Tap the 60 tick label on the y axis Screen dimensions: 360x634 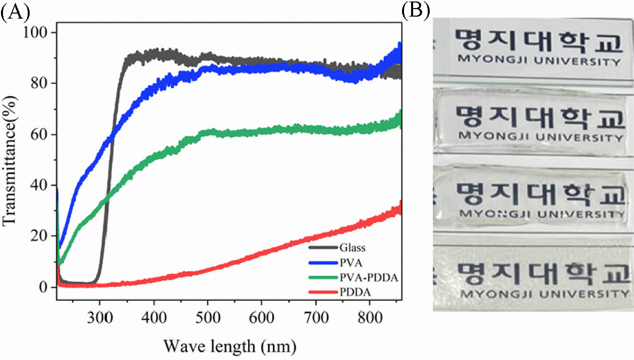(39, 135)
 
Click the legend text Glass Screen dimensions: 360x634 (352, 248)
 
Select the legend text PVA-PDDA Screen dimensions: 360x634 (369, 275)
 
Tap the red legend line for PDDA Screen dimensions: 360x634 (323, 289)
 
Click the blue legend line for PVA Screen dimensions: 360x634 (323, 261)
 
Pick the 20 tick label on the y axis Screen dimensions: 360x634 (39, 236)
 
